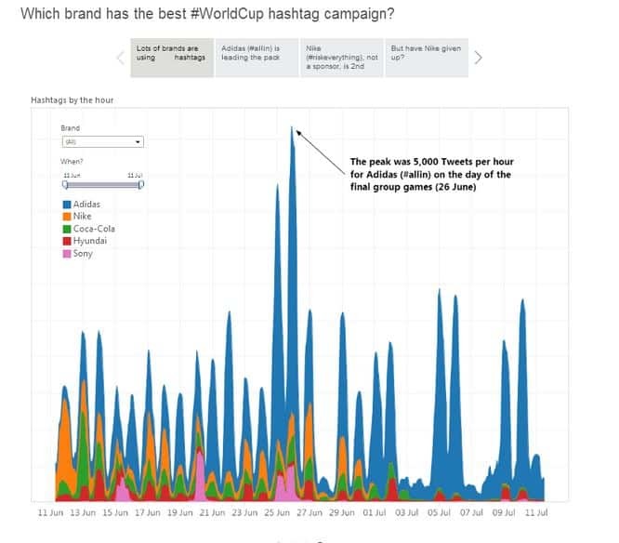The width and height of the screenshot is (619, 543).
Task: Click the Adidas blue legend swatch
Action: point(67,204)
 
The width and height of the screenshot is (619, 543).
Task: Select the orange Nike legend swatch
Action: point(67,216)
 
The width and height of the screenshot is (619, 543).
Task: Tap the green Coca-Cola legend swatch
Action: point(67,229)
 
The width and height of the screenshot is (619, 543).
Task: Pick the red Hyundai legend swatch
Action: point(67,241)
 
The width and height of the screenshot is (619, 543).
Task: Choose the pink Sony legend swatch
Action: point(67,253)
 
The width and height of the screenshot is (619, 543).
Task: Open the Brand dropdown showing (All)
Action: point(101,142)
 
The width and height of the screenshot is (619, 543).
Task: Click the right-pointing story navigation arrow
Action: point(479,58)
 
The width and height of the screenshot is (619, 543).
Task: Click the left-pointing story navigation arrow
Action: point(119,58)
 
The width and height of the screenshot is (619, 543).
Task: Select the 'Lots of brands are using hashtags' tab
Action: point(171,53)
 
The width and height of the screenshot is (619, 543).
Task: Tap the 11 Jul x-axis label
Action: point(536,512)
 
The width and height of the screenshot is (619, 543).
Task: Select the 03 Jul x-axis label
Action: point(407,512)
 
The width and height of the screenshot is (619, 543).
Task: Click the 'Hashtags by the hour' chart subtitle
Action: point(72,99)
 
